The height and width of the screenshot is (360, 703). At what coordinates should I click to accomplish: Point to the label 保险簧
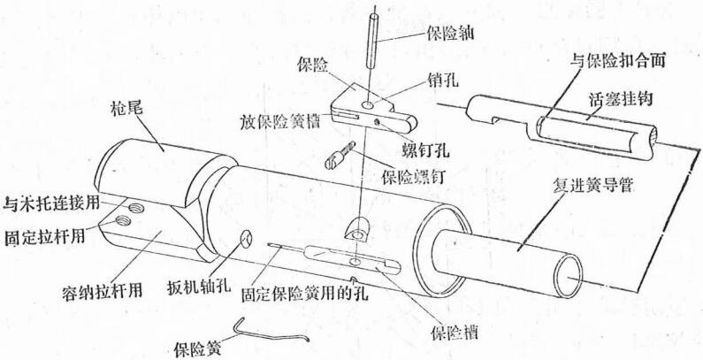pos(198,348)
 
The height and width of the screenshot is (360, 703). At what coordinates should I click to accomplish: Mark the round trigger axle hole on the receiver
pos(247,239)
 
